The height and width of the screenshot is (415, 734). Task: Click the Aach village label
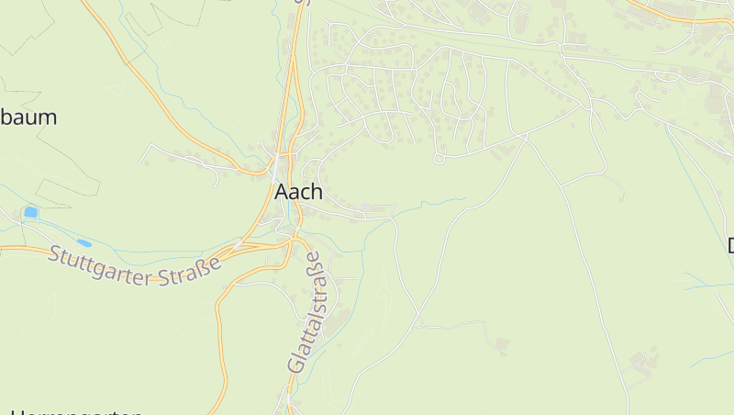tap(298, 192)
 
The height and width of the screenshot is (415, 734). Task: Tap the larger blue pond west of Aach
tap(31, 212)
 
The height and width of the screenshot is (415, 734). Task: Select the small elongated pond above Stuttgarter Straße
tap(84, 242)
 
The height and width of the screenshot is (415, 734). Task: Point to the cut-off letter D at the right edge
tap(730, 246)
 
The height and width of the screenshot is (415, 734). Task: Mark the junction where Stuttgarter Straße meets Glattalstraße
tap(293, 241)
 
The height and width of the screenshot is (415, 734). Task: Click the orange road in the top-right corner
tap(679, 17)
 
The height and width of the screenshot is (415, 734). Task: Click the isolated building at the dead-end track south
tap(500, 346)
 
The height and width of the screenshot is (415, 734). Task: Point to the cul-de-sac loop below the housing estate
tap(439, 159)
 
